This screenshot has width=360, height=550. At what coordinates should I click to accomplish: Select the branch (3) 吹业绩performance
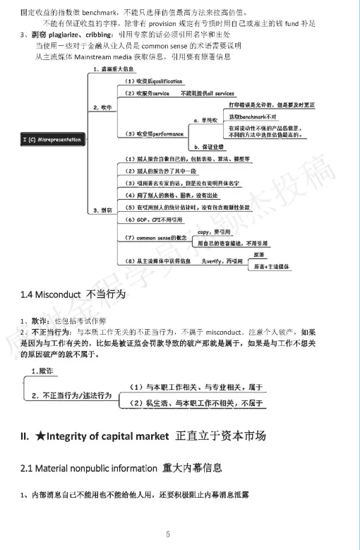pyautogui.click(x=150, y=133)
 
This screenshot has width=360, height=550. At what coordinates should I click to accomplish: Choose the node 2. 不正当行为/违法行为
pyautogui.click(x=68, y=395)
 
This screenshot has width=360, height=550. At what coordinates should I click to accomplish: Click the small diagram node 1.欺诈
pyautogui.click(x=42, y=371)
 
